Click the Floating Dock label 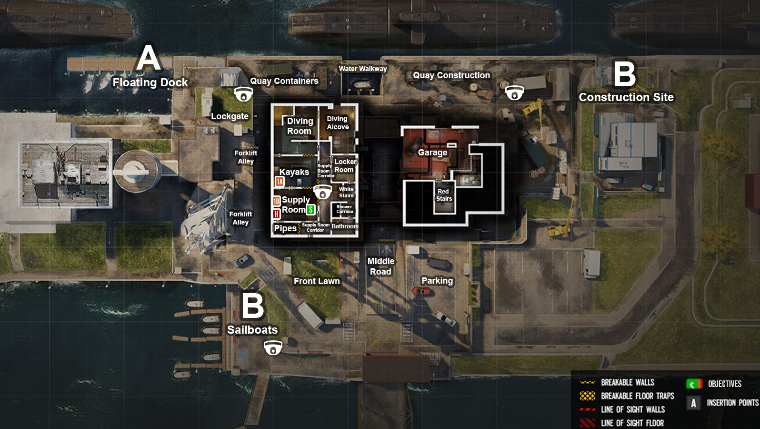150,82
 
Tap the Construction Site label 626,97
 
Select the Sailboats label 252,330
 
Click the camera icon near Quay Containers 243,94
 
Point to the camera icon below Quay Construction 514,92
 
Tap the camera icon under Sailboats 273,348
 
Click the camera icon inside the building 322,192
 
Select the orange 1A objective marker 280,182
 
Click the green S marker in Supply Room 310,210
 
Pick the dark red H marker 276,214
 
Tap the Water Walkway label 363,69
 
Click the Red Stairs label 444,195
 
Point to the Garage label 432,153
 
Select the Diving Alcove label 338,123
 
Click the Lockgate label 230,116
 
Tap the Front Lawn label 317,281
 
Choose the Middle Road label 381,266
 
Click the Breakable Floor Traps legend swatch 588,396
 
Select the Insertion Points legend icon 693,403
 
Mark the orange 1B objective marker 276,201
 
